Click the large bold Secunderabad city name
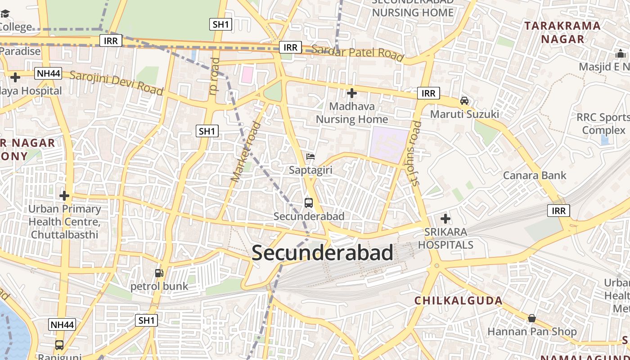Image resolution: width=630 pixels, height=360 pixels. [x=322, y=253]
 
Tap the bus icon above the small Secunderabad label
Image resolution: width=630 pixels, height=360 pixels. [x=308, y=203]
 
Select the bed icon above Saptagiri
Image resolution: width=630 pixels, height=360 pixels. [x=310, y=157]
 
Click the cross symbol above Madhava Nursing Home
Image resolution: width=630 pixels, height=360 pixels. [x=352, y=93]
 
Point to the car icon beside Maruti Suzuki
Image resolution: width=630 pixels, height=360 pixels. [x=464, y=101]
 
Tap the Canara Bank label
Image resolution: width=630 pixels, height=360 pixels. [x=535, y=175]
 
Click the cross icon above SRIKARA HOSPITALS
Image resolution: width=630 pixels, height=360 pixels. [x=445, y=219]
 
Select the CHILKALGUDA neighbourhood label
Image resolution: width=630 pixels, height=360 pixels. [x=458, y=301]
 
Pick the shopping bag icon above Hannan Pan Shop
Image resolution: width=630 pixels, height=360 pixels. [x=532, y=319]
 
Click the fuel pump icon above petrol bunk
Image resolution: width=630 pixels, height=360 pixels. [x=159, y=273]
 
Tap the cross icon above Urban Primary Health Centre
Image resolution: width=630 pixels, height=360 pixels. [x=64, y=196]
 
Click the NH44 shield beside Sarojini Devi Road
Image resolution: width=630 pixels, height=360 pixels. [x=48, y=73]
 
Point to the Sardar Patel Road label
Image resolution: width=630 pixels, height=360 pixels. [x=357, y=52]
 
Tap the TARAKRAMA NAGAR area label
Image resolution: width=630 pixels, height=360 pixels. [x=562, y=32]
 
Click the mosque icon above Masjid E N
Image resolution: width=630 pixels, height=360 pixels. [x=621, y=54]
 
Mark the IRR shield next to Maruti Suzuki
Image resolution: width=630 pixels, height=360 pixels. [x=428, y=93]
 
